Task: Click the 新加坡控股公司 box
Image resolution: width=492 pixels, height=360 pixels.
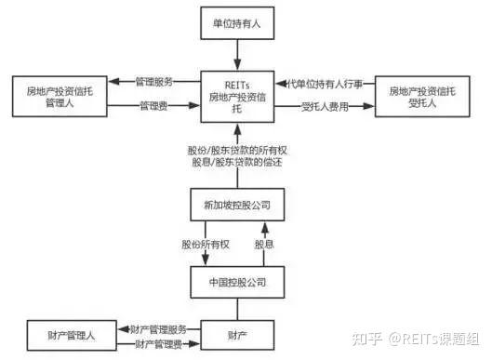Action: click(x=236, y=205)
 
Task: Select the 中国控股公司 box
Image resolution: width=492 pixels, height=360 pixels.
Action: click(x=236, y=281)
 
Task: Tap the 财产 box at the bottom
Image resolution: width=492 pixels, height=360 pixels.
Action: click(x=236, y=333)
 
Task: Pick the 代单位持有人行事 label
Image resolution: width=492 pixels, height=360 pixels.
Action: click(x=321, y=83)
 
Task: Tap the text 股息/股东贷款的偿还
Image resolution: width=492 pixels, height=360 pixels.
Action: click(x=236, y=165)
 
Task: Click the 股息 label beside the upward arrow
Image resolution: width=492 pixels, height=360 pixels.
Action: click(x=265, y=245)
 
